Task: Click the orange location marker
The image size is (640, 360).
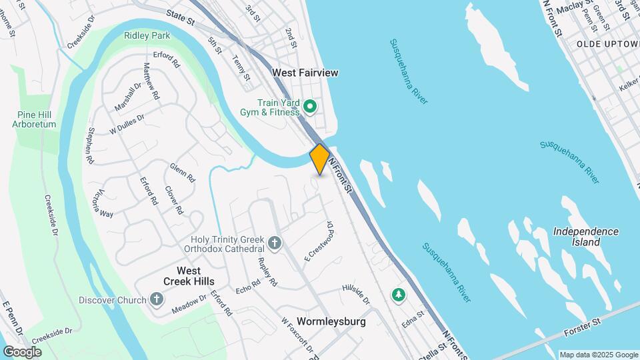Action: [x=320, y=159]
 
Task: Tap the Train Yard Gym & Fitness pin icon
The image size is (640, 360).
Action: [x=310, y=106]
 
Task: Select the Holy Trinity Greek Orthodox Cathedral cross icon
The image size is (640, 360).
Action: [x=275, y=241]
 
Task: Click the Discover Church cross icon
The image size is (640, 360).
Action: [x=156, y=299]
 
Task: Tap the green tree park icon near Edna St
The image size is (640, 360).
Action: [x=399, y=294]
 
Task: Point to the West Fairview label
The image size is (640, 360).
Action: [x=305, y=72]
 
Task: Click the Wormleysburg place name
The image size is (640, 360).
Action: [x=331, y=321]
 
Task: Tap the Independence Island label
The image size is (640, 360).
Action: [x=586, y=237]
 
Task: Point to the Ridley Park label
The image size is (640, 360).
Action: [x=147, y=35]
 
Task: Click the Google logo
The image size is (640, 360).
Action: [x=22, y=351]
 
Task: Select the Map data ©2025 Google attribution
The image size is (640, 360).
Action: [x=598, y=355]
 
